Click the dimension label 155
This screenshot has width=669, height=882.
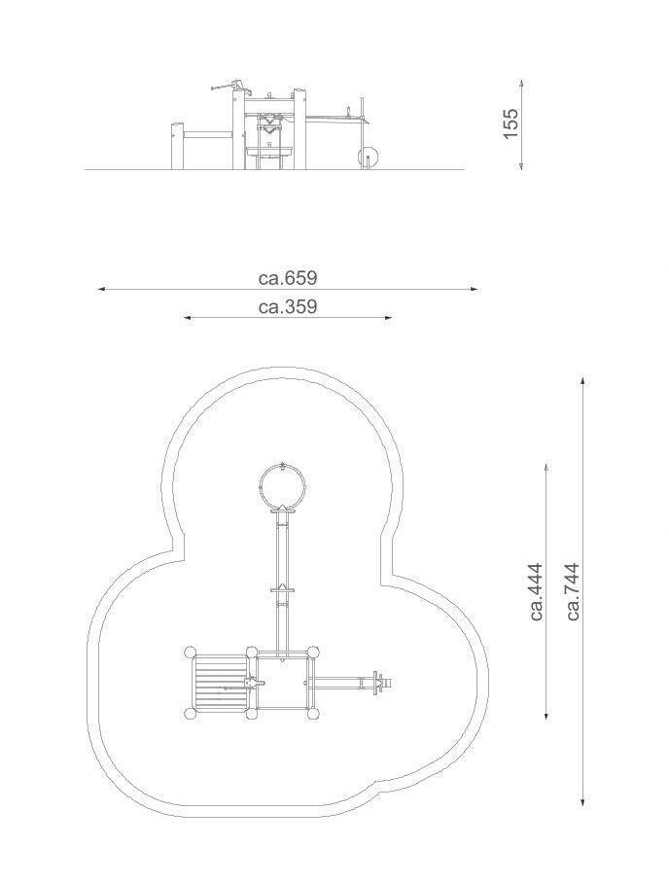pos(510,123)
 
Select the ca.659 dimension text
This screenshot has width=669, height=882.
pos(288,278)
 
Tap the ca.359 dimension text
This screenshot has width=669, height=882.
pos(288,307)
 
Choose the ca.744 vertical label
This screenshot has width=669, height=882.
pos(573,591)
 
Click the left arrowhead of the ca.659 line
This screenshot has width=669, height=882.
pos(102,289)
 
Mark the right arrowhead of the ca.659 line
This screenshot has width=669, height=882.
pos(474,289)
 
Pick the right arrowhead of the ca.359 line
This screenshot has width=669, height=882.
pos(387,318)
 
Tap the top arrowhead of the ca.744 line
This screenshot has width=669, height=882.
pos(582,382)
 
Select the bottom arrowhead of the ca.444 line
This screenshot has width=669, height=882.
pos(546,715)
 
